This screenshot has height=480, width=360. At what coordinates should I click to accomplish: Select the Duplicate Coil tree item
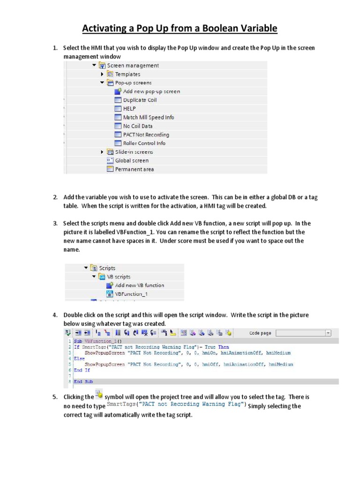(x=140, y=100)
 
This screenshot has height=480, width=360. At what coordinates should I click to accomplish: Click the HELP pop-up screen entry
(x=129, y=109)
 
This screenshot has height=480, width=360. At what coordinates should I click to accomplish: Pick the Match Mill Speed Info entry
(x=148, y=117)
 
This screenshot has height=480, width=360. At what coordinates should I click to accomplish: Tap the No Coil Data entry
(x=137, y=126)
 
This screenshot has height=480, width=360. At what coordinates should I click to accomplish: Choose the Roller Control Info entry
(x=144, y=143)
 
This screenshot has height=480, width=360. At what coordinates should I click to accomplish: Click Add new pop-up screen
(x=151, y=91)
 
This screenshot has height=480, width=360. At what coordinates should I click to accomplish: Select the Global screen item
(x=132, y=160)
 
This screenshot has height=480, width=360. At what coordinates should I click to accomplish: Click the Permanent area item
(x=134, y=169)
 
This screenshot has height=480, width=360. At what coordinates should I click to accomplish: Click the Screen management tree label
(x=133, y=66)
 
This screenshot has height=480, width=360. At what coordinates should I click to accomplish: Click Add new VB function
(x=139, y=285)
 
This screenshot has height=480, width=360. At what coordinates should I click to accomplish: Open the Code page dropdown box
(x=303, y=333)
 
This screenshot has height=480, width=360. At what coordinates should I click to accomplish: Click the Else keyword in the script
(x=79, y=358)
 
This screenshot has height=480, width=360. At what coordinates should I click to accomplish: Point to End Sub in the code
(x=82, y=382)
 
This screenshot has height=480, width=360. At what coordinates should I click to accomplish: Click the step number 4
(x=55, y=315)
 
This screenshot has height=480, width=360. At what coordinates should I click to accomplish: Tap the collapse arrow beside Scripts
(x=86, y=268)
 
